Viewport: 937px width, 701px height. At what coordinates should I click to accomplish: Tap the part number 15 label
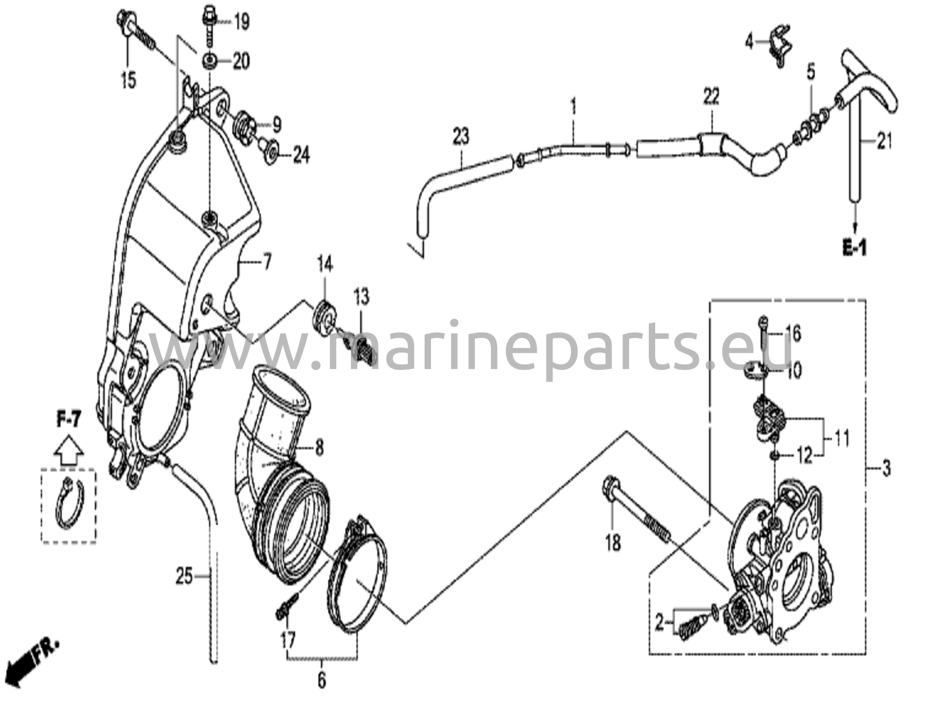[128, 80]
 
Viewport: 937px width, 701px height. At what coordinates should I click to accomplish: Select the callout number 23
[461, 136]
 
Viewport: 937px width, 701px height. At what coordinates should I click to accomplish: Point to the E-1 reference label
[854, 249]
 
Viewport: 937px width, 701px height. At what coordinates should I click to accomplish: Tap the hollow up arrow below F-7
[69, 451]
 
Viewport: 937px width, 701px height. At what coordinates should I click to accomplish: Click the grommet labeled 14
[325, 316]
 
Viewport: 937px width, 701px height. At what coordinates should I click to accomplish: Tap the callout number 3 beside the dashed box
[886, 469]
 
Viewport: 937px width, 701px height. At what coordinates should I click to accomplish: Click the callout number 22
[711, 97]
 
